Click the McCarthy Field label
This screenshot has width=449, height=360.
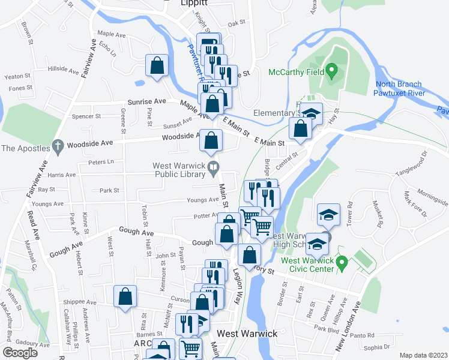coord(296,72)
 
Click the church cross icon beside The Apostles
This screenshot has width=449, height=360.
coord(57,145)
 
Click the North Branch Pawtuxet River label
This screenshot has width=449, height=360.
coord(400,89)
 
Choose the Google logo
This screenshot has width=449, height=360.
coord(21,353)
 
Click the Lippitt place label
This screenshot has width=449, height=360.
coord(194,4)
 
